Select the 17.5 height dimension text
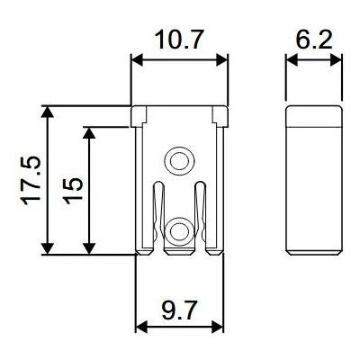31,180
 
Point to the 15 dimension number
73,191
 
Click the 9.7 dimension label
179,311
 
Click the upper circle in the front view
179,161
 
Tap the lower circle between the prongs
179,231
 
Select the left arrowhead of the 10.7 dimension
137,60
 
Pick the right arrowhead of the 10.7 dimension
222,60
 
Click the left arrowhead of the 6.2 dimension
291,60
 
